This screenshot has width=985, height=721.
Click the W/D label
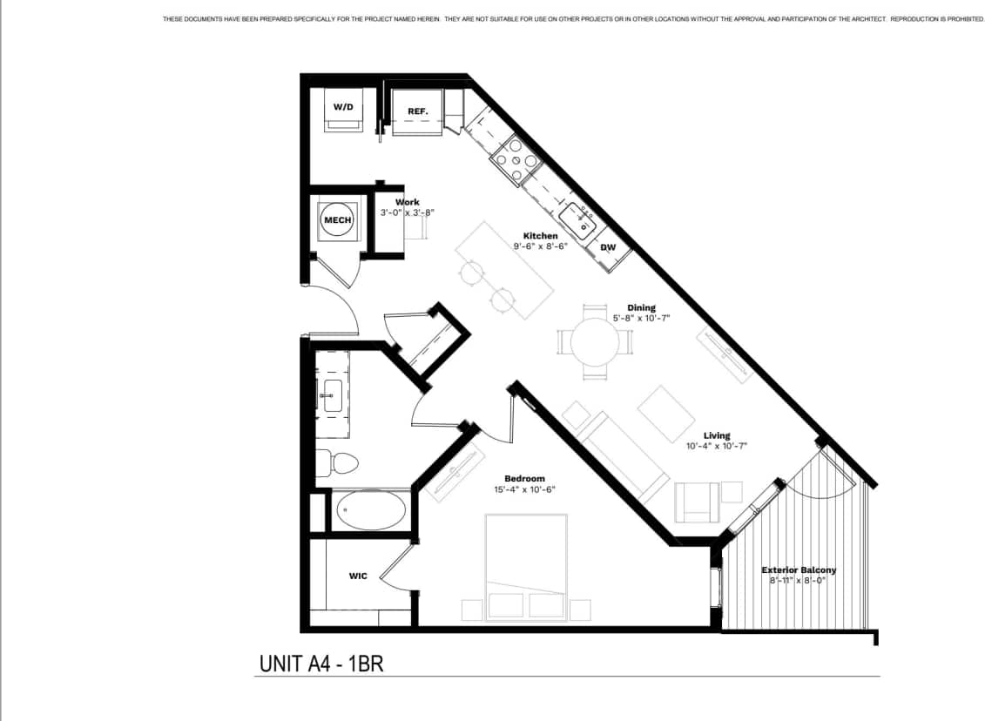pyautogui.click(x=343, y=107)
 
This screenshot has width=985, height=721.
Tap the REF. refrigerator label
pyautogui.click(x=418, y=111)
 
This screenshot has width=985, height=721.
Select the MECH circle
pyautogui.click(x=337, y=219)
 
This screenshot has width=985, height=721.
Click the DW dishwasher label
pyautogui.click(x=608, y=247)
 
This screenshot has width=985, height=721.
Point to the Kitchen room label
pyautogui.click(x=540, y=236)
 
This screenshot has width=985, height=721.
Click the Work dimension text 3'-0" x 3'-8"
pyautogui.click(x=407, y=212)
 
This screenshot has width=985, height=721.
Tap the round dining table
pyautogui.click(x=594, y=340)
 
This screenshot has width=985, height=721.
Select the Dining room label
pyautogui.click(x=641, y=307)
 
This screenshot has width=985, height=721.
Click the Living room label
pyautogui.click(x=717, y=435)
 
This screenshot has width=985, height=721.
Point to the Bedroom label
pyautogui.click(x=524, y=478)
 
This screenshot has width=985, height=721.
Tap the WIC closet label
pyautogui.click(x=357, y=576)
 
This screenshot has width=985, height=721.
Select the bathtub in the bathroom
pyautogui.click(x=373, y=510)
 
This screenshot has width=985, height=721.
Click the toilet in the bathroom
pyautogui.click(x=337, y=462)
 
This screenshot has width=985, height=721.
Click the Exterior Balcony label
pyautogui.click(x=799, y=570)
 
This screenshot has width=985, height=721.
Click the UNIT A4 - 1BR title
pyautogui.click(x=321, y=664)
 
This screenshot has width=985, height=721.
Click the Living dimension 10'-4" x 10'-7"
pyautogui.click(x=717, y=446)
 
